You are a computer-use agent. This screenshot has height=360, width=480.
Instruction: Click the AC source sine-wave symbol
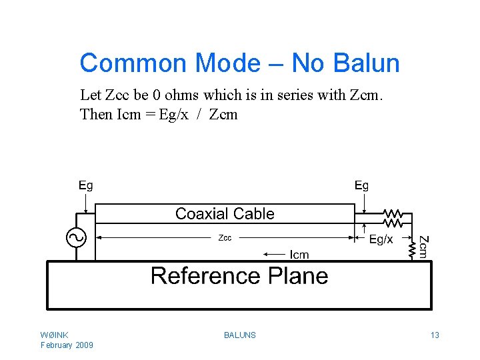click(x=73, y=237)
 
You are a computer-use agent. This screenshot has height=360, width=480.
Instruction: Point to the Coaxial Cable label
click(x=225, y=214)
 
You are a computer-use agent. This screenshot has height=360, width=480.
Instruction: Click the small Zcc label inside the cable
click(x=225, y=238)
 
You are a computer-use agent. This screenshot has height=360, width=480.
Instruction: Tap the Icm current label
click(x=299, y=254)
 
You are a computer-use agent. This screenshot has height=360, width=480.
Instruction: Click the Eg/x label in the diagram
click(x=381, y=239)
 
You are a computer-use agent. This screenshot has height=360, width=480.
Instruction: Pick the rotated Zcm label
click(x=423, y=246)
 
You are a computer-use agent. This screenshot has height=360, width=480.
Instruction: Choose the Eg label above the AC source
click(x=86, y=185)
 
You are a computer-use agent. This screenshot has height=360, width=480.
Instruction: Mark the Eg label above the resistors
click(x=361, y=185)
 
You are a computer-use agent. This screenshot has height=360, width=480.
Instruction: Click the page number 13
click(x=435, y=335)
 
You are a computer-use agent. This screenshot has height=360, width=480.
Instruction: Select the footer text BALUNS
click(x=240, y=335)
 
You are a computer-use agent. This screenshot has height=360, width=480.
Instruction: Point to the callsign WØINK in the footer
click(x=54, y=335)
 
